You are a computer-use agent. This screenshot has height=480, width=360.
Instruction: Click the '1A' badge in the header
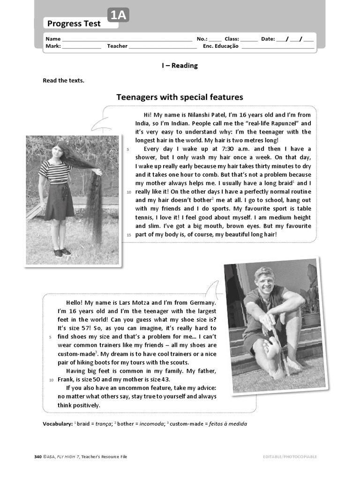point(118,16)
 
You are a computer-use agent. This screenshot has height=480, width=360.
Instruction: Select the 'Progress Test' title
point(74,23)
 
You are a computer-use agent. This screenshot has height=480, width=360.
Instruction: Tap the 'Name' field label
point(53,39)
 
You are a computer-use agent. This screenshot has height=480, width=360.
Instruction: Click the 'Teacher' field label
point(117,46)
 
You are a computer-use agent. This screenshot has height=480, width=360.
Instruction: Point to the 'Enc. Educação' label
point(220,46)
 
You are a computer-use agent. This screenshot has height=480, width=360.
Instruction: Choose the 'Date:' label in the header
point(268,39)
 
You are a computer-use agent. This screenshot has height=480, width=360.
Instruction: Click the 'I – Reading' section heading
point(180,66)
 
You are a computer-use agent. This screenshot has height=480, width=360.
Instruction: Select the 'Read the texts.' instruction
point(64,81)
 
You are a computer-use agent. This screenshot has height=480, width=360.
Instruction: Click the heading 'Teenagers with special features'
point(180,97)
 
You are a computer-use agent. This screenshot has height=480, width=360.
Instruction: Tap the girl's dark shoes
point(61,252)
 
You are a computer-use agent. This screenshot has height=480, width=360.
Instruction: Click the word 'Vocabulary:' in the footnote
point(58,424)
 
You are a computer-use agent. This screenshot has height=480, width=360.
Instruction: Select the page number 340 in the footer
point(38,457)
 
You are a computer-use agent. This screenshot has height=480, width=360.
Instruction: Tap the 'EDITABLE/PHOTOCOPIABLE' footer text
point(290,457)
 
